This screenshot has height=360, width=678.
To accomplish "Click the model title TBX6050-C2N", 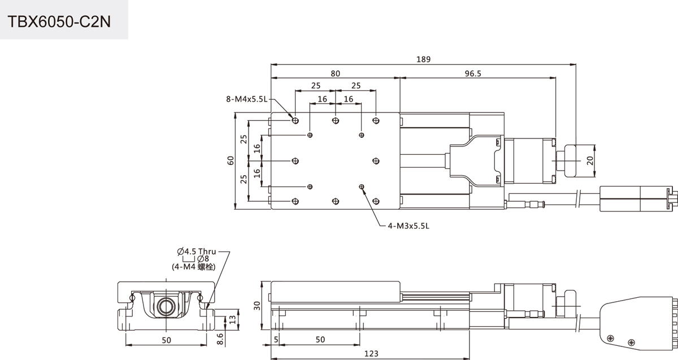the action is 59,22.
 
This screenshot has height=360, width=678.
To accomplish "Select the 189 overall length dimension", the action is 423,59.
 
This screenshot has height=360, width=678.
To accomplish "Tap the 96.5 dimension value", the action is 473,73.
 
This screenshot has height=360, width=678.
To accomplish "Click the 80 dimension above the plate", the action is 335,73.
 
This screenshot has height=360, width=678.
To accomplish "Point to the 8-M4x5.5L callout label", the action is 247,99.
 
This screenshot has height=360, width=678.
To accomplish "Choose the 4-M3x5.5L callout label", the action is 408,225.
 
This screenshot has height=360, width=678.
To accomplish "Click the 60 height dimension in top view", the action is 231,161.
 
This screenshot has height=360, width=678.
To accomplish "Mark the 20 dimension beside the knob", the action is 590,161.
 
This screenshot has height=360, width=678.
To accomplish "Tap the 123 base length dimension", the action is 371,353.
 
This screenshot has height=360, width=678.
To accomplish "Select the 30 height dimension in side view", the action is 257,306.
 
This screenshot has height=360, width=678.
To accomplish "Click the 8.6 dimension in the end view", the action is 220,339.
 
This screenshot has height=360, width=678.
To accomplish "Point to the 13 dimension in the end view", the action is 232,319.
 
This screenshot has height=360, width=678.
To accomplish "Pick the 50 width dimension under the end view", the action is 166,340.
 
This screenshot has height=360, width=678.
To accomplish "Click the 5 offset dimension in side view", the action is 276,340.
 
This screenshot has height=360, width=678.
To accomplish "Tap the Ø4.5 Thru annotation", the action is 197,251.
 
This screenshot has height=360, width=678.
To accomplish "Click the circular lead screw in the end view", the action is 166,307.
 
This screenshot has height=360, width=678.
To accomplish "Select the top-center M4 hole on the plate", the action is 336,120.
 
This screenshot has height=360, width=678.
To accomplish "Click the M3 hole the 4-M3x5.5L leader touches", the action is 362,187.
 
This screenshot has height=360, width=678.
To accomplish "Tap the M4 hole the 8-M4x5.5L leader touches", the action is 295,120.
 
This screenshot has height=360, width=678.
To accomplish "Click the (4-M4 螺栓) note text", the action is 194,267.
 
